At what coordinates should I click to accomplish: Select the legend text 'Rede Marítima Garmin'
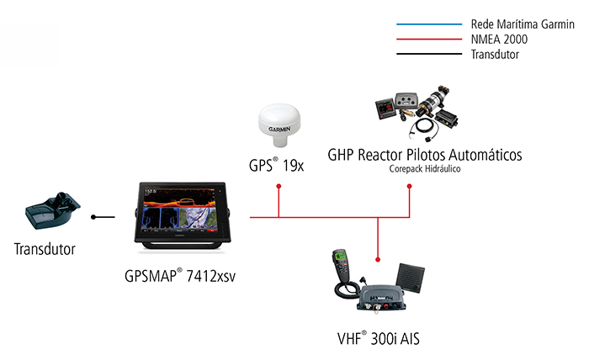coord(516,24)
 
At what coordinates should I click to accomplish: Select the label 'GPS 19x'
coord(277,165)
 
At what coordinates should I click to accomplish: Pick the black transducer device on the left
coord(52,216)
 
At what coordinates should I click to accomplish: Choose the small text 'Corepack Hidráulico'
coord(425,169)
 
